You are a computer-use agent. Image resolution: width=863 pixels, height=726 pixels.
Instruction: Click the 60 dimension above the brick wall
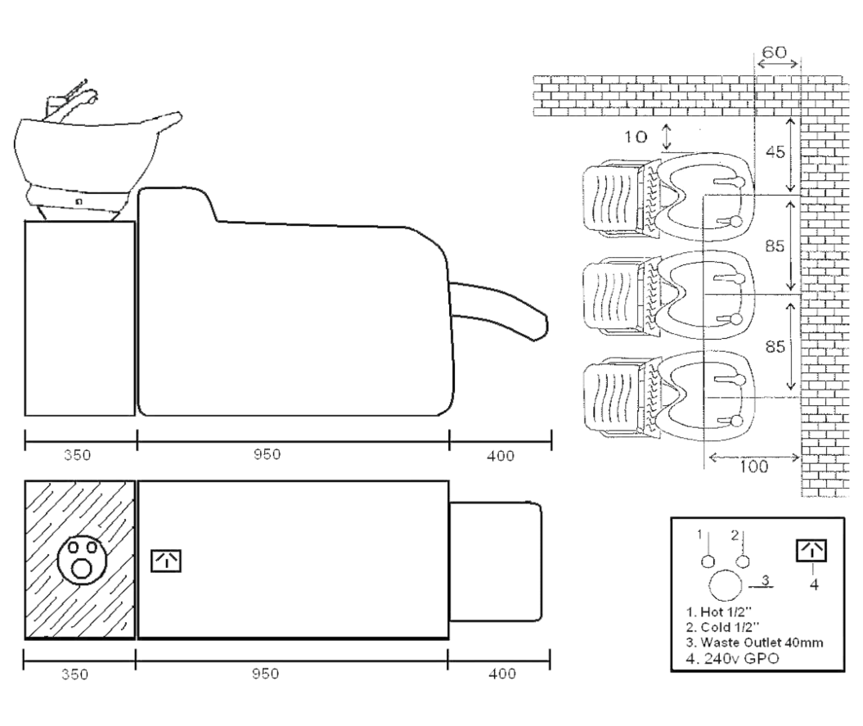(x=775, y=52)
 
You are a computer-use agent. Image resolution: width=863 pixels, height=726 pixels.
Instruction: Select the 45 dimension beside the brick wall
(x=775, y=153)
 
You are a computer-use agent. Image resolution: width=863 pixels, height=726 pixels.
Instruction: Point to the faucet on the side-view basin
(x=78, y=97)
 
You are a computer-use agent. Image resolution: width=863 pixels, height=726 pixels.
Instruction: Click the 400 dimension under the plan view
(x=501, y=674)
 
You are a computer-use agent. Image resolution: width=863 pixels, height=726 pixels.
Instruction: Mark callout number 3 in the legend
(x=764, y=579)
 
